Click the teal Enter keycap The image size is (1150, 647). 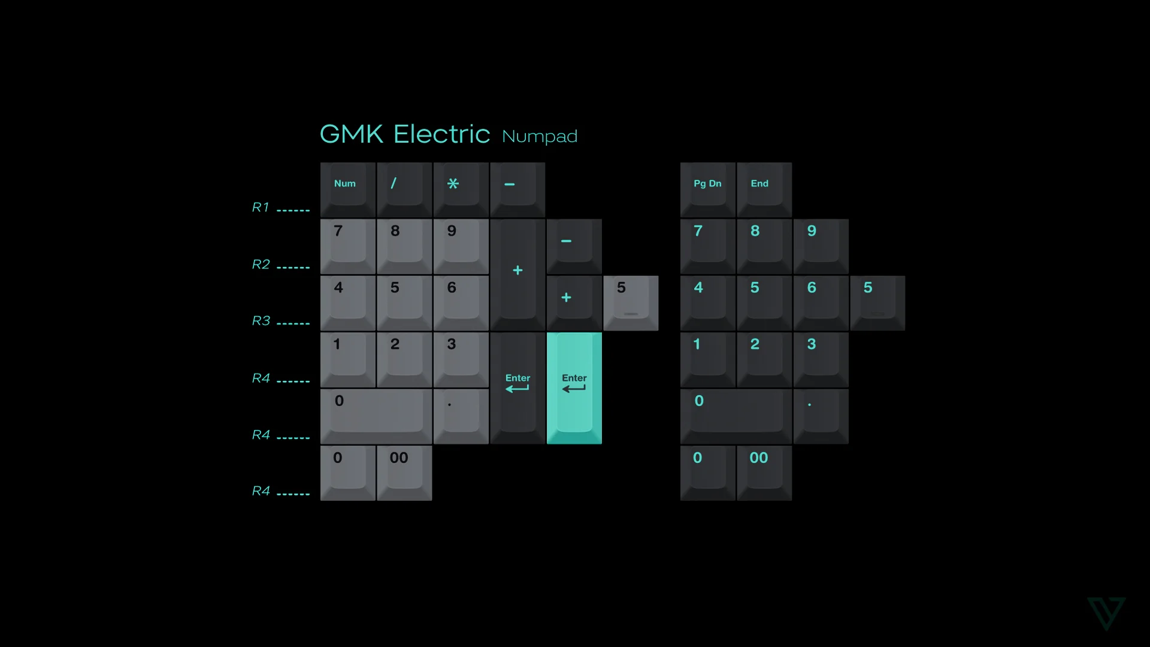point(574,388)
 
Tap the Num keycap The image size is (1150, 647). point(347,189)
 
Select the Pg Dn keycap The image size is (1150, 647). point(707,189)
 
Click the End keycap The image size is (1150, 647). point(764,189)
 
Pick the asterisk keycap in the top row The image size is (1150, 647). point(461,189)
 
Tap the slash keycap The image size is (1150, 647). point(404,189)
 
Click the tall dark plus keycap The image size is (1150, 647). point(517,274)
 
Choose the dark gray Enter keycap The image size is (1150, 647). point(517,388)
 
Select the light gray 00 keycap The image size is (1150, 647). point(404,473)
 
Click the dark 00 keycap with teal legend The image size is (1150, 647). point(764,473)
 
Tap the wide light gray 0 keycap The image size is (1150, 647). point(376,416)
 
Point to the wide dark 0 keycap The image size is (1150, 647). point(736,416)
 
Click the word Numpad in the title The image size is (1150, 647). point(539,137)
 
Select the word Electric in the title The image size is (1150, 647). point(441,134)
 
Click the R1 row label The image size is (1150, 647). point(261,207)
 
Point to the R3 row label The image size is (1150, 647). point(261,321)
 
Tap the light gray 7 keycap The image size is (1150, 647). point(347,246)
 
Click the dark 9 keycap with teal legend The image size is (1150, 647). point(821,246)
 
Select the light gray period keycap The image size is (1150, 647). point(461,416)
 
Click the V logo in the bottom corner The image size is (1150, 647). point(1106,613)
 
